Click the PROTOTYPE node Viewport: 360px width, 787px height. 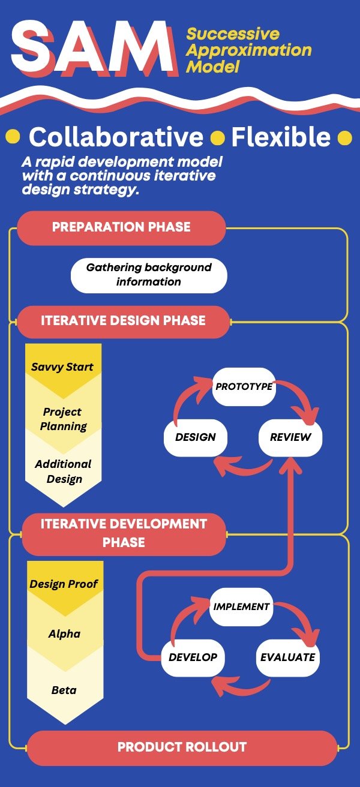244,386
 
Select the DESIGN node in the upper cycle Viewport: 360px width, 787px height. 196,437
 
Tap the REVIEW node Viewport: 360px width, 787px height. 290,437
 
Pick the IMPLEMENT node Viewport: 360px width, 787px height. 241,606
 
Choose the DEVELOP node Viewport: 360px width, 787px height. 193,657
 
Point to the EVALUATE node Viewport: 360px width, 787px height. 287,657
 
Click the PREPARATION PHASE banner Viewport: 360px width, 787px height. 121,227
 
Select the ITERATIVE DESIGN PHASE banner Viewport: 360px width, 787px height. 123,321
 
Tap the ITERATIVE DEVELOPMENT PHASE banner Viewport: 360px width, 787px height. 124,533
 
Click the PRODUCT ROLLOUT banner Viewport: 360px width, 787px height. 182,747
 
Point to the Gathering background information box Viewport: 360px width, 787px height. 149,274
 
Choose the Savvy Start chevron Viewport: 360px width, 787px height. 63,367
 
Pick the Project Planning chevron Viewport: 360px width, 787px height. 63,419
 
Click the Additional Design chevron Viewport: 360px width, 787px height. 63,471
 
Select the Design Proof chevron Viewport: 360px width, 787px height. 64,584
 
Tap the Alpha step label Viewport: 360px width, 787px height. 64,634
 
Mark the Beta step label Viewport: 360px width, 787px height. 64,690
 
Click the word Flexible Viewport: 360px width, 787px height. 281,137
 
